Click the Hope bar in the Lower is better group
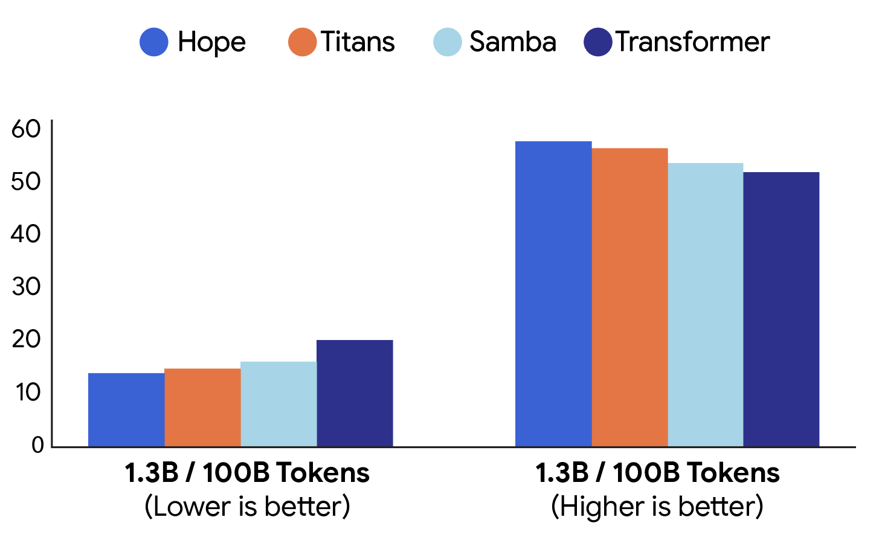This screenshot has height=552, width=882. pyautogui.click(x=126, y=410)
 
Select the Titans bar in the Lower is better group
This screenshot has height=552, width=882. pyautogui.click(x=202, y=408)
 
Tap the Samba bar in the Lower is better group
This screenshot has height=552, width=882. pyautogui.click(x=278, y=404)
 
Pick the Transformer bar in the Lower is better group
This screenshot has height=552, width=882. pyautogui.click(x=355, y=393)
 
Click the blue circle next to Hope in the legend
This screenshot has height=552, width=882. pyautogui.click(x=154, y=42)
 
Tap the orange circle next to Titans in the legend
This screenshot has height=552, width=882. pyautogui.click(x=303, y=42)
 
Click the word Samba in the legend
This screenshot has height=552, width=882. pyautogui.click(x=512, y=42)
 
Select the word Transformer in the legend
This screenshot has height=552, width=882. pyautogui.click(x=692, y=42)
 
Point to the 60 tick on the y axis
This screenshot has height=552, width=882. pyautogui.click(x=26, y=129)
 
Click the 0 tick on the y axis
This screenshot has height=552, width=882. pyautogui.click(x=37, y=446)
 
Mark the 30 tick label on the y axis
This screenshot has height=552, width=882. pyautogui.click(x=26, y=287)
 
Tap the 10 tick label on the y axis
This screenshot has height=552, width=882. pyautogui.click(x=28, y=393)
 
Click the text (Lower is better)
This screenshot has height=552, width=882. pyautogui.click(x=247, y=506)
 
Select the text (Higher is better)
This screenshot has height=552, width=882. pyautogui.click(x=657, y=506)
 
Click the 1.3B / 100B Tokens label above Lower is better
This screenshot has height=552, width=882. pyautogui.click(x=247, y=473)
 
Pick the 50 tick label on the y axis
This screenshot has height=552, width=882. pyautogui.click(x=26, y=181)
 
